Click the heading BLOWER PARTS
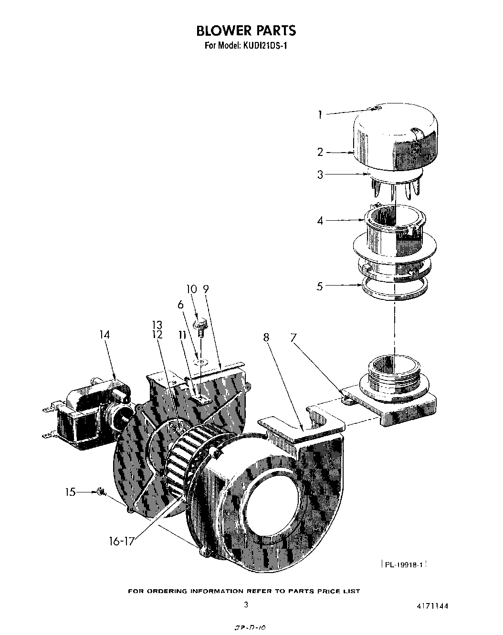pyautogui.click(x=246, y=31)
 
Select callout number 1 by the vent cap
pyautogui.click(x=320, y=114)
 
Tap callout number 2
pyautogui.click(x=320, y=152)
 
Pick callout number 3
pyautogui.click(x=320, y=174)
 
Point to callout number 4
pyautogui.click(x=320, y=221)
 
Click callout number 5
pyautogui.click(x=320, y=287)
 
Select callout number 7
pyautogui.click(x=294, y=338)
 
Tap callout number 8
pyautogui.click(x=266, y=338)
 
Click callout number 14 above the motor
pyautogui.click(x=105, y=335)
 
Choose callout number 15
pyautogui.click(x=71, y=492)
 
